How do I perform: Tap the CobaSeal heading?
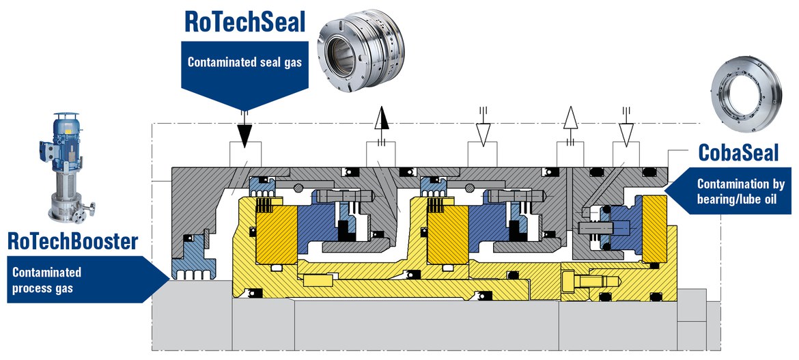pos(738,152)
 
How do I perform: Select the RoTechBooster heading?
pos(72,240)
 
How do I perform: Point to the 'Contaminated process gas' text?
pos(48,280)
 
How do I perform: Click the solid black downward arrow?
pos(244,130)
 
